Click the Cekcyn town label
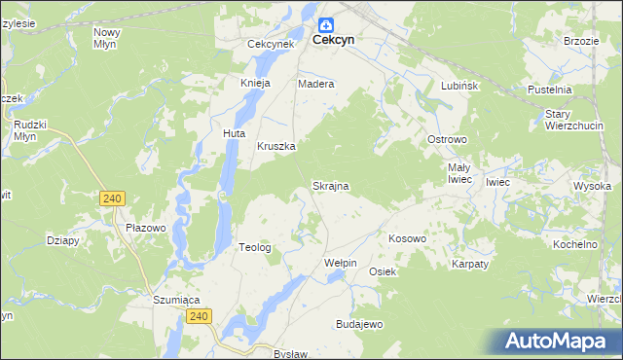332,42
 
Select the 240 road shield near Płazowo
112,198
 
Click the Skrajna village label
330,185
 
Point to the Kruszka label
275,147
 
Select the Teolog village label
255,248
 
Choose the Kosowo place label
407,238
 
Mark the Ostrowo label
448,139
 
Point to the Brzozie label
580,41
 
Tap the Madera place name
315,84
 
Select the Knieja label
255,84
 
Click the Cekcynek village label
271,45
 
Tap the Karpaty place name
470,264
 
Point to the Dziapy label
63,239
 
